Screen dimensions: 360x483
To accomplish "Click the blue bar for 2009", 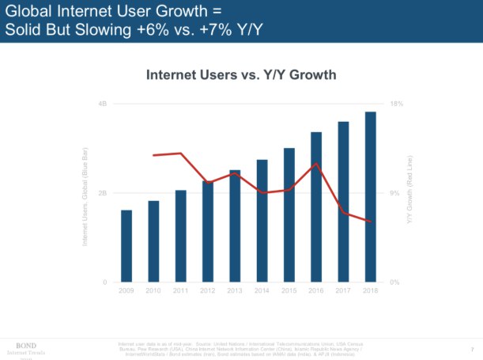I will click(126, 246).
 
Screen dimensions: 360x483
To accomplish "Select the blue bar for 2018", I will click(370, 197).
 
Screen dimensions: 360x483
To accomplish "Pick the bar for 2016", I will click(316, 207).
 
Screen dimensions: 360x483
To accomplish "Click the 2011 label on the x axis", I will click(180, 291).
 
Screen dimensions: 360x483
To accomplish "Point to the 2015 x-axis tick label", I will click(289, 291).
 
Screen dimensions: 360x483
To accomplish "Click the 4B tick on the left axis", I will click(103, 104).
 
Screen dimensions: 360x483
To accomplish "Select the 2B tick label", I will click(103, 193).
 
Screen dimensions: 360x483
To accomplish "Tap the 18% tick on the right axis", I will click(397, 104).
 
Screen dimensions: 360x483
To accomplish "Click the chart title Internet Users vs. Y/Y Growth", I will click(242, 74).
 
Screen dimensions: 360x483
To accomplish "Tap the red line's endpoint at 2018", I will click(371, 222).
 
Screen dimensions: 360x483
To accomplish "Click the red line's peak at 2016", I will click(316, 164).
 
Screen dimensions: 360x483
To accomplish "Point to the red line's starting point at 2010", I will click(153, 155).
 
